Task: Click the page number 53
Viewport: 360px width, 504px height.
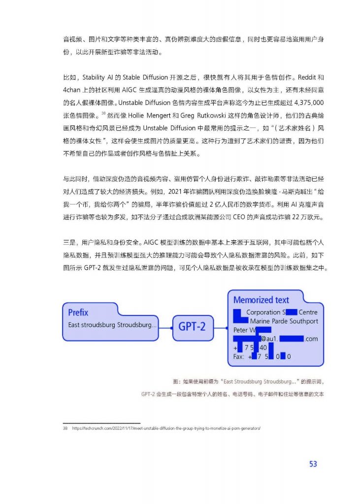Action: [x=313, y=464]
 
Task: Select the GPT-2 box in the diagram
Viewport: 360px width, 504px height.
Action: [x=192, y=326]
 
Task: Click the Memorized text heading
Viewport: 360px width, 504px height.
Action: [x=261, y=300]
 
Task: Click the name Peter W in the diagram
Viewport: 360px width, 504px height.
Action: [x=244, y=330]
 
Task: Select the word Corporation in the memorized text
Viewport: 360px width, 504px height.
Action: [x=262, y=312]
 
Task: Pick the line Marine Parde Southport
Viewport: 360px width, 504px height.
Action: [x=284, y=321]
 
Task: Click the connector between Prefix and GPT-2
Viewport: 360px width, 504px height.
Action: [x=165, y=326]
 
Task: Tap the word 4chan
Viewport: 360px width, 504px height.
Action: [x=72, y=91]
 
